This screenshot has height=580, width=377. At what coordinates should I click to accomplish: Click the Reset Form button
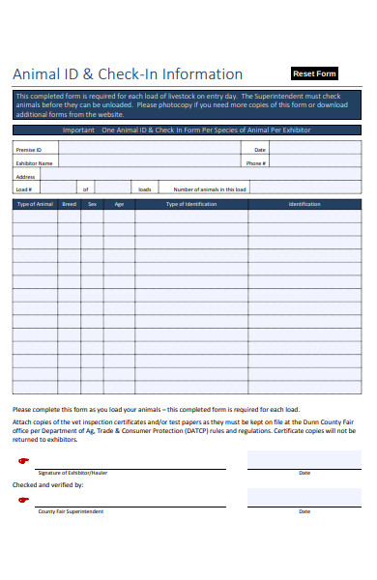(314, 73)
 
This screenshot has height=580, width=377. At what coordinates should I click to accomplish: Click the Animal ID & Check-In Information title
(127, 74)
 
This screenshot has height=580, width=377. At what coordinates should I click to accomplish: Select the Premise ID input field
(145, 150)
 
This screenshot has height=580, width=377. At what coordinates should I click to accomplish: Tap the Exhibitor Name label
(34, 163)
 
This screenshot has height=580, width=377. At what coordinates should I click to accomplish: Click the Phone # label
(255, 163)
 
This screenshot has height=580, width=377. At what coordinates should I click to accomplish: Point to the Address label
(26, 177)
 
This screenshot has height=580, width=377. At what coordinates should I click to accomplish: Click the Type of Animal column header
(35, 204)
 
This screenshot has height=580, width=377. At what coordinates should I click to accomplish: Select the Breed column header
(70, 204)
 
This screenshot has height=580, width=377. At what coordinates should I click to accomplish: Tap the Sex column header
(93, 204)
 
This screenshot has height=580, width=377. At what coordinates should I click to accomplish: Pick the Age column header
(119, 204)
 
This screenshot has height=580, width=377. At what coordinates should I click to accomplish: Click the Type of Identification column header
(191, 204)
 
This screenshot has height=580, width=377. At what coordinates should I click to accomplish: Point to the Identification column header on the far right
(304, 204)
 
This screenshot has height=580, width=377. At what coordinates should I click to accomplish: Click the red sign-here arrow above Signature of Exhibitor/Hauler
(25, 462)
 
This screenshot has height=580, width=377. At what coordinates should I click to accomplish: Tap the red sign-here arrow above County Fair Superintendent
(25, 500)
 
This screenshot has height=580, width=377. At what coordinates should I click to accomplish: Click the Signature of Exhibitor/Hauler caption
(72, 473)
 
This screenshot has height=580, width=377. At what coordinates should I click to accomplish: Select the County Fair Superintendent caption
(71, 511)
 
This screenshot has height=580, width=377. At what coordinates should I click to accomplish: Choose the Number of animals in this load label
(210, 189)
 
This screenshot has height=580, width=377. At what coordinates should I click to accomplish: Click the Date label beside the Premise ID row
(260, 150)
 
